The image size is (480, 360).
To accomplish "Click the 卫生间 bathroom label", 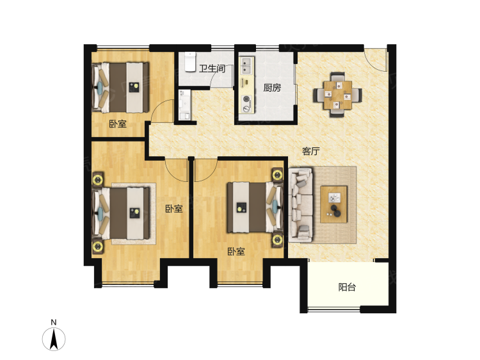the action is [x=212, y=68].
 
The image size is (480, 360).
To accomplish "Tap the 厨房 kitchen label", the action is [x=272, y=88].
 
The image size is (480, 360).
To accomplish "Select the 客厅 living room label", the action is [x=310, y=151].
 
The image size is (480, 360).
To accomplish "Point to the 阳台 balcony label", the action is [x=347, y=287].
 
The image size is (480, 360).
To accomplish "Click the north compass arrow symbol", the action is [x=54, y=339].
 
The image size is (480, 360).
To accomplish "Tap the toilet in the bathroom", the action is [x=190, y=61].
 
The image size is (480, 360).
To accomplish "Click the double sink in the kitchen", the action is [x=246, y=65].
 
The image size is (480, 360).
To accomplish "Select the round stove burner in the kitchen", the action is [x=246, y=99].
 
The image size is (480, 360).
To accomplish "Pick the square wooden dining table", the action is [x=337, y=95].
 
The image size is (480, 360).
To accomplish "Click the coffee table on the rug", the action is [x=333, y=204].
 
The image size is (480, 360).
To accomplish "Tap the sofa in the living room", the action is [x=301, y=205].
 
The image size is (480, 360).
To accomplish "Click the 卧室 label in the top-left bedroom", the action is [x=118, y=124].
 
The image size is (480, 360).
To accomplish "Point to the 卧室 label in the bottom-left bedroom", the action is [x=174, y=209].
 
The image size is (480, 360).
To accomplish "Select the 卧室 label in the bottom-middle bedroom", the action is [x=236, y=252].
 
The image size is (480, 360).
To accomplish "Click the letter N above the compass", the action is [x=54, y=322].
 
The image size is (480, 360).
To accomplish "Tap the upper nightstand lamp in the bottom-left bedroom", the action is [x=98, y=179].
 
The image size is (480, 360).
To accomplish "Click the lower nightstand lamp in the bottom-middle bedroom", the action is [x=278, y=240].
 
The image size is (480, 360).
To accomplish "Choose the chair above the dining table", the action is [x=337, y=76].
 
